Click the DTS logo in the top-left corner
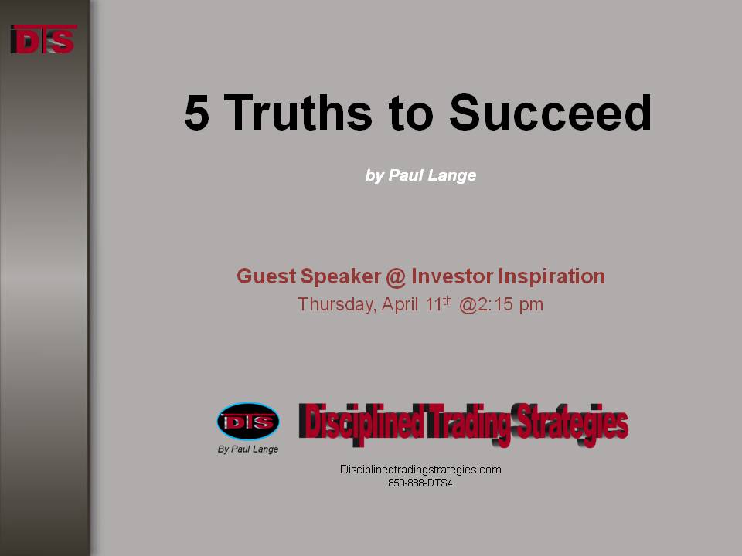43,39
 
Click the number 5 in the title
197,113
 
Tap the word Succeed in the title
550,112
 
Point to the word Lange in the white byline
452,176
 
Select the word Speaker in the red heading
341,277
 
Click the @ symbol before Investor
396,277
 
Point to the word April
400,304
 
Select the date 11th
438,303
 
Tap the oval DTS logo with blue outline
248,422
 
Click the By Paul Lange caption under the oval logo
248,449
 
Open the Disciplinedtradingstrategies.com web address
420,470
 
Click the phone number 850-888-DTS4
420,483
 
